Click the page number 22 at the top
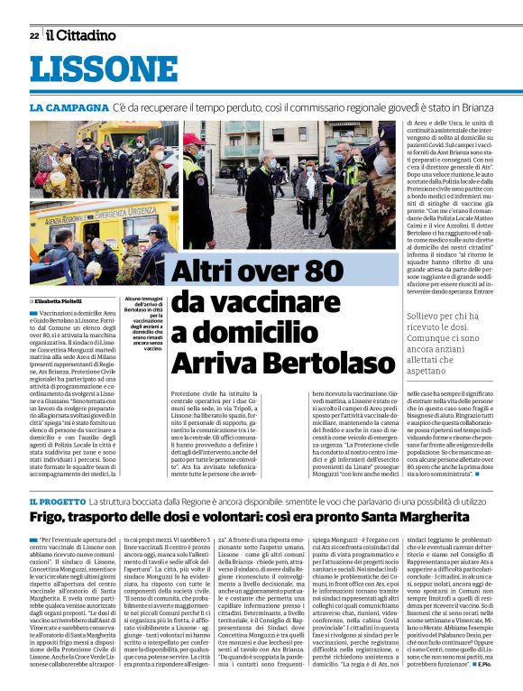pos(33,36)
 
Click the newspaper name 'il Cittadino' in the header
pos(82,36)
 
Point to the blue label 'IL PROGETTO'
pos(58,501)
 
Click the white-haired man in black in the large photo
pos(261,189)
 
